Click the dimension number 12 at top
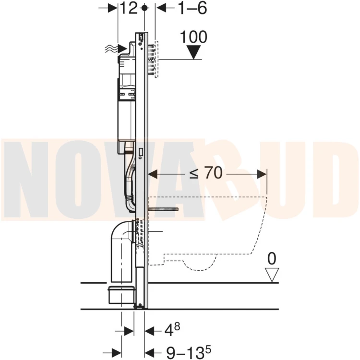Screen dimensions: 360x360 [129, 9]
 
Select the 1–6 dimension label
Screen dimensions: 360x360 [192, 9]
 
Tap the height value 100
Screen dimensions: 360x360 [193, 37]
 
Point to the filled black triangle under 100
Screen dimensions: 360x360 [194, 52]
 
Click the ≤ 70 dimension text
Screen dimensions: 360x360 [206, 173]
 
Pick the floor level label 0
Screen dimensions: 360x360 [272, 259]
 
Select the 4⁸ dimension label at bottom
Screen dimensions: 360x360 [172, 329]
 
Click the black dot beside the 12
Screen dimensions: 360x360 [144, 8]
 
